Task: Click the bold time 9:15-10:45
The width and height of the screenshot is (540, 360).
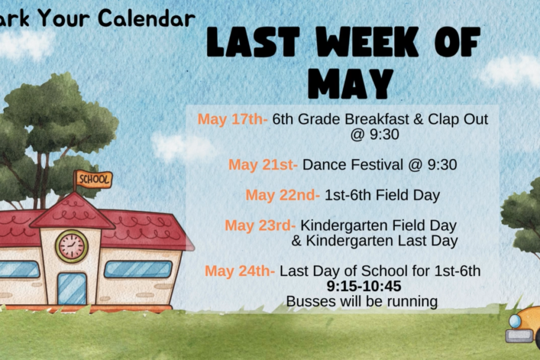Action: tap(364, 286)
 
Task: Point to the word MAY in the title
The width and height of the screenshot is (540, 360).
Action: tap(350, 84)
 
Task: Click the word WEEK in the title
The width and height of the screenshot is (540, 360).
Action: tap(367, 41)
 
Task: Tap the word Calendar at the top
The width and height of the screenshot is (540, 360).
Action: tap(147, 18)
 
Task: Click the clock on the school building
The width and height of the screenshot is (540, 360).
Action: tap(71, 247)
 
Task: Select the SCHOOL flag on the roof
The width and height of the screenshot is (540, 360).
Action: tap(94, 179)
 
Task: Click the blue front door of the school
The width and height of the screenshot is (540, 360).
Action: tap(72, 289)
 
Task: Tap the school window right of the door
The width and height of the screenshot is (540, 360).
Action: tap(138, 269)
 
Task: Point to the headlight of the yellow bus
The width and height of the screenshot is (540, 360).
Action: tap(515, 321)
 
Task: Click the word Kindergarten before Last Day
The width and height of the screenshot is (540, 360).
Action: tap(350, 241)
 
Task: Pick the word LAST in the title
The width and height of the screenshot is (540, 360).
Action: tap(253, 41)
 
